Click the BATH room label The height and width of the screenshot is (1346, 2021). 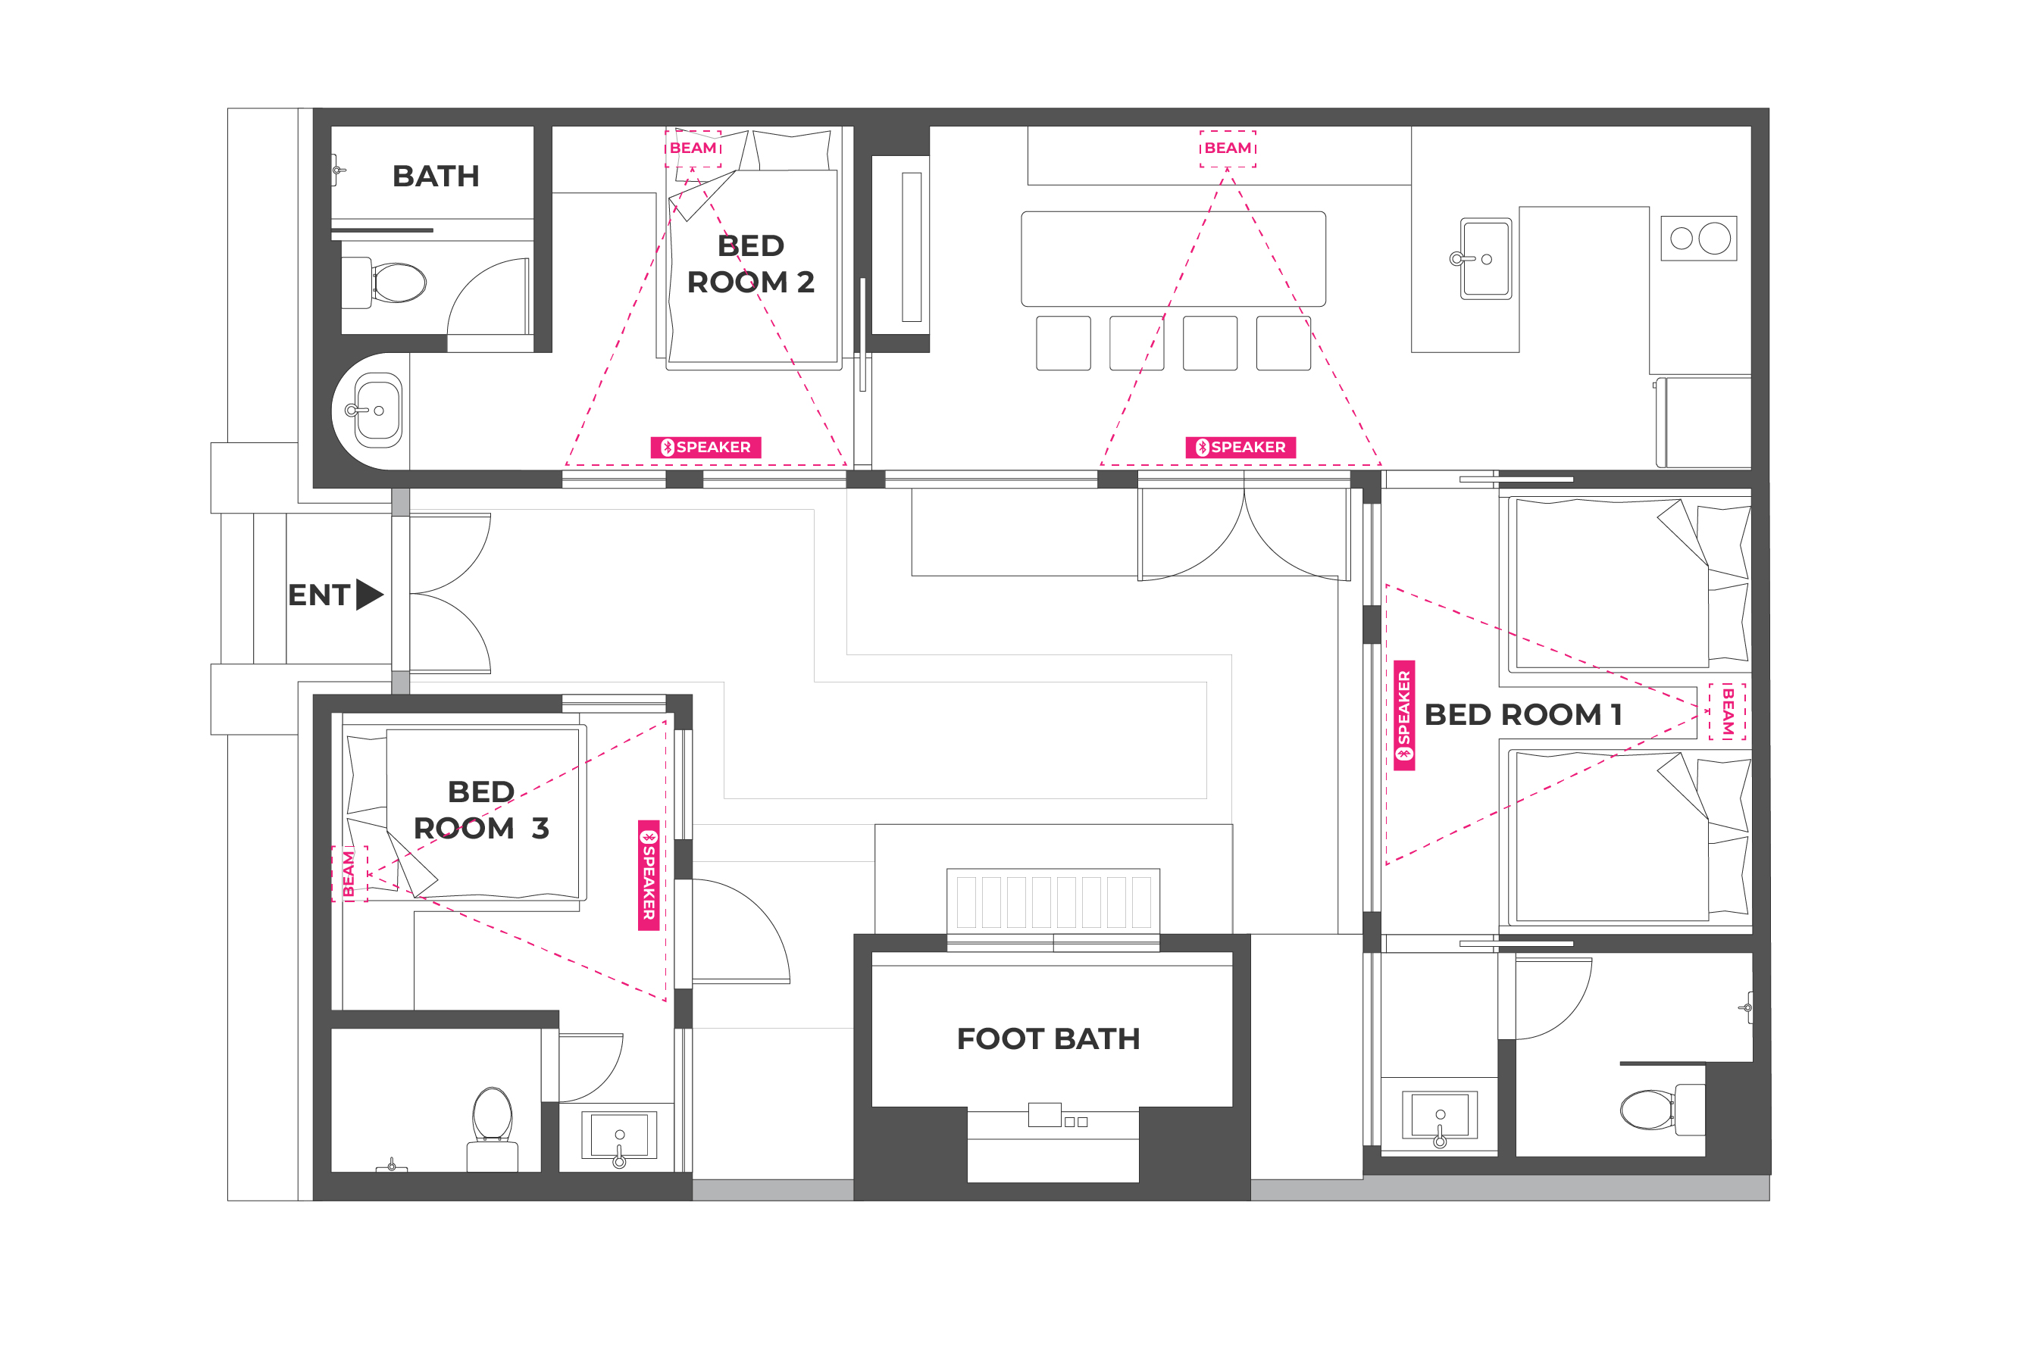click(435, 176)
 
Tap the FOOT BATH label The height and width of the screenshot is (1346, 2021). click(1048, 1038)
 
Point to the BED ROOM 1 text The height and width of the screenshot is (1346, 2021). click(1523, 714)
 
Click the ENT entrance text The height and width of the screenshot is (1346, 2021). click(318, 595)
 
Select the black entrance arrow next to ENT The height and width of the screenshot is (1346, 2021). click(369, 594)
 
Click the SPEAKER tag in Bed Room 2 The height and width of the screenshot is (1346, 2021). click(705, 447)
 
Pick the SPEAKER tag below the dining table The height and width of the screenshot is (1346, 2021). click(1240, 447)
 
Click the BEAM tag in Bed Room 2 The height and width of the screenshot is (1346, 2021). click(693, 148)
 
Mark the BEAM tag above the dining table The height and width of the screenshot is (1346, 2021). click(1228, 148)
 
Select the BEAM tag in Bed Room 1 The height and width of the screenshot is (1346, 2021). click(1728, 711)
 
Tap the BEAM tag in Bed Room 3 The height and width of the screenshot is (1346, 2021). click(349, 874)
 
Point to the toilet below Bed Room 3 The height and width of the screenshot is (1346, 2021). click(492, 1129)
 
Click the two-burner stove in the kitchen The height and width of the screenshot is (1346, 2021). click(1698, 239)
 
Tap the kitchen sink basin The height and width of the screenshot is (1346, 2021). click(1486, 258)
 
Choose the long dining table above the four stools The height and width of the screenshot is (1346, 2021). click(1173, 258)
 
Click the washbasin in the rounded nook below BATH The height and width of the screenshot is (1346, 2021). click(379, 411)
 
